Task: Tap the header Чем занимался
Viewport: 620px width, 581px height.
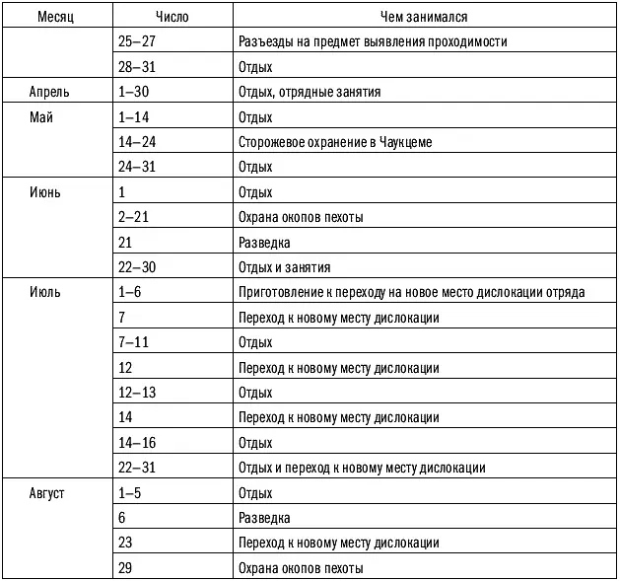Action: point(424,17)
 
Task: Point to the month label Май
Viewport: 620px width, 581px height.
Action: point(40,117)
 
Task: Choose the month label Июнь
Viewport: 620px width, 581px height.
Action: point(44,192)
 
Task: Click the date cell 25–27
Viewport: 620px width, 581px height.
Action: point(135,42)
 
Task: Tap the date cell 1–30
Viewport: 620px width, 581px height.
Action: point(132,92)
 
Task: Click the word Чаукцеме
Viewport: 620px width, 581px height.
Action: point(403,142)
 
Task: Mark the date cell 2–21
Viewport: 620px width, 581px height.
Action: point(132,217)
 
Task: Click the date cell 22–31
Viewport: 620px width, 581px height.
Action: point(136,467)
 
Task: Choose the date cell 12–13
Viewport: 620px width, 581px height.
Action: point(136,392)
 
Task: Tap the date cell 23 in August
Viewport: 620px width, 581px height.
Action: point(124,543)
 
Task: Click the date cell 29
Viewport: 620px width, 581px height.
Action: point(124,568)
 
